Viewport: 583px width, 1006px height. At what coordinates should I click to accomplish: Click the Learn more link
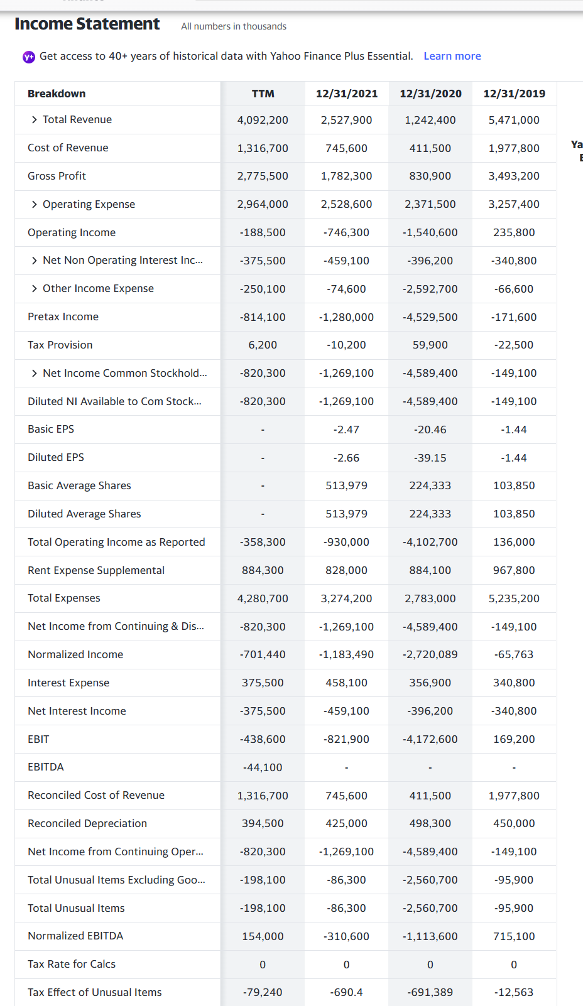[452, 56]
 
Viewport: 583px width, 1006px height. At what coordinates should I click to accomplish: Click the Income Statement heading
[87, 24]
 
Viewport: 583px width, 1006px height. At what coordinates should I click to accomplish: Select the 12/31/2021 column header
[346, 94]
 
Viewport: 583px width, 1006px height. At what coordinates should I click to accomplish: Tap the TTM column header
[263, 94]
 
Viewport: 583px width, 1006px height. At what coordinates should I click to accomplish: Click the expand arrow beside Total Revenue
[35, 119]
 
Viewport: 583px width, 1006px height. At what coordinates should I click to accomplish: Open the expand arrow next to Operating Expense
[35, 204]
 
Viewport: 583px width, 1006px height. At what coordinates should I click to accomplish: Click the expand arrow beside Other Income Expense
[35, 288]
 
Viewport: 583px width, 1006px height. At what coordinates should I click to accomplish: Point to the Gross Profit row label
[57, 176]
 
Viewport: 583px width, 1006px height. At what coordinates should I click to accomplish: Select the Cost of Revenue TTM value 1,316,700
[263, 148]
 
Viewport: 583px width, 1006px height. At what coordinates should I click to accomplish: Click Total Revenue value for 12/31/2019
[514, 120]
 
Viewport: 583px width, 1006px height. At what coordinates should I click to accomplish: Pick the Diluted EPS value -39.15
[430, 458]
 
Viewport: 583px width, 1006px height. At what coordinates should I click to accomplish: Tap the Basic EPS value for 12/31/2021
[346, 430]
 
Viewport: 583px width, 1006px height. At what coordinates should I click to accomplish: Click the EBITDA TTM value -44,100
[263, 767]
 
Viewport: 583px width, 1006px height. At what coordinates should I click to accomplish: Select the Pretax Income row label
[63, 316]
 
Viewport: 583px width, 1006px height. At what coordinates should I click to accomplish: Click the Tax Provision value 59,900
[430, 345]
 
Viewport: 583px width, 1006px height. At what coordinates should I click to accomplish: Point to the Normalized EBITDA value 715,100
[514, 936]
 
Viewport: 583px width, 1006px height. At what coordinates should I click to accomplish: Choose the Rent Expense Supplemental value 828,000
[346, 570]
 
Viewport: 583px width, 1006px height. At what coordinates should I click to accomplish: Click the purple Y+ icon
[29, 57]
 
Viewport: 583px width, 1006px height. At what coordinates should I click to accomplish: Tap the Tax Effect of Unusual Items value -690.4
[346, 992]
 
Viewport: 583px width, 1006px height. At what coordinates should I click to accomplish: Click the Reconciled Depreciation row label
[87, 823]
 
